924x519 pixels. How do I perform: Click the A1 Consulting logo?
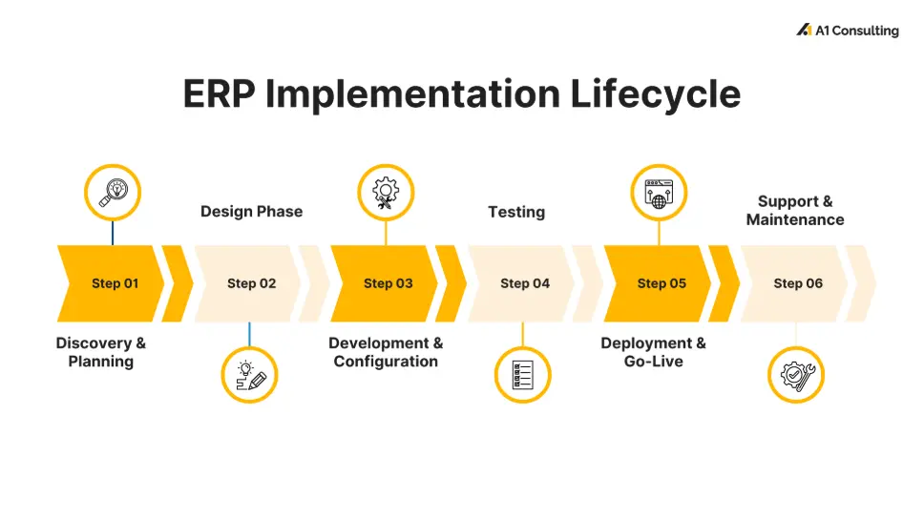[x=847, y=31]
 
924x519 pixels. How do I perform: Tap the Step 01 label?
[x=115, y=283]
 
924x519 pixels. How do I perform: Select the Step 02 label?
[x=251, y=283]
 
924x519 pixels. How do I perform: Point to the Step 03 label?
[x=388, y=283]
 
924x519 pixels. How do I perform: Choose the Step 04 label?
[x=525, y=283]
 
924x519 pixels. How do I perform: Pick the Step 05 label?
[x=661, y=283]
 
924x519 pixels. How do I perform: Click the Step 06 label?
[x=798, y=283]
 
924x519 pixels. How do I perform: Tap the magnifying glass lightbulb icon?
[x=113, y=193]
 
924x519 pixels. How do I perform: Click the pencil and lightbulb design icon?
[x=250, y=374]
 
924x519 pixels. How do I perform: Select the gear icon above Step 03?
[x=386, y=193]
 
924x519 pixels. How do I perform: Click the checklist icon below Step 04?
[x=522, y=374]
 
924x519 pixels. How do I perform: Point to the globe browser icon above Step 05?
[x=659, y=193]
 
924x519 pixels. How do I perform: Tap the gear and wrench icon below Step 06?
[x=796, y=374]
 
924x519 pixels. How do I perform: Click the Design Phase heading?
[x=251, y=212]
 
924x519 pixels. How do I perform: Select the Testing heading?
[x=516, y=212]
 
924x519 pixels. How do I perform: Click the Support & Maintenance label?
[x=795, y=211]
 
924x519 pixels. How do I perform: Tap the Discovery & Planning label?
[x=101, y=352]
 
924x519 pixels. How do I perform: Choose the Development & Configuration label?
[x=386, y=352]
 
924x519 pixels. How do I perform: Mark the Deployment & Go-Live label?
[x=654, y=352]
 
